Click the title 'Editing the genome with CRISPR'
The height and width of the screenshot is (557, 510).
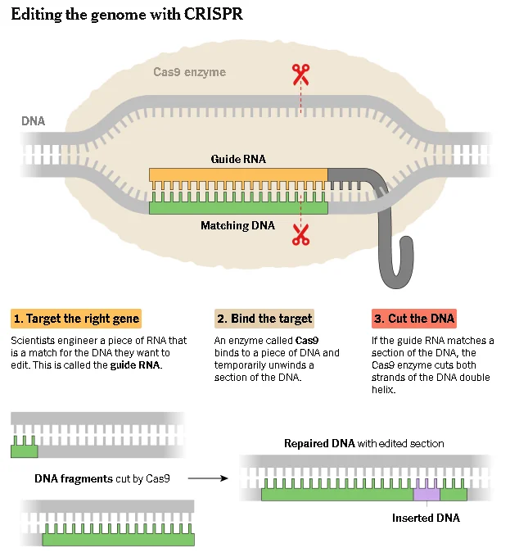127,15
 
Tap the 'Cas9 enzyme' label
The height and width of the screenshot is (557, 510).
189,72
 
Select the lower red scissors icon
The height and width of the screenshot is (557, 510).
300,237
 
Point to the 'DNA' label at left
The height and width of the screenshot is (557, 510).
34,121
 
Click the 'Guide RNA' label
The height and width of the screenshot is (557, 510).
238,159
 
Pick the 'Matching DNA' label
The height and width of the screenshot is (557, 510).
238,225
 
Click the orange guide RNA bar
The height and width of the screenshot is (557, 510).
238,174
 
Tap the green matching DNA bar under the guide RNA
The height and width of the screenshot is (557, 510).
238,208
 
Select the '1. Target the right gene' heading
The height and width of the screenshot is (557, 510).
76,318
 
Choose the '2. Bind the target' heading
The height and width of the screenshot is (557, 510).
264,318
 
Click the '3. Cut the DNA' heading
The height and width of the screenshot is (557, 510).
414,318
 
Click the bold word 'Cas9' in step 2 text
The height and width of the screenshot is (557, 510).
308,340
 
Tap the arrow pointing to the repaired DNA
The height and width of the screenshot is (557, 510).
214,478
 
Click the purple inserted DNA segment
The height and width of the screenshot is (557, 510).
427,494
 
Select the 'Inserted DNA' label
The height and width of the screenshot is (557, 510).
426,519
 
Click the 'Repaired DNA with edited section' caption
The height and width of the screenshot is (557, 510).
363,443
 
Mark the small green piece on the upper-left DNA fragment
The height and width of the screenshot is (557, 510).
24,451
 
